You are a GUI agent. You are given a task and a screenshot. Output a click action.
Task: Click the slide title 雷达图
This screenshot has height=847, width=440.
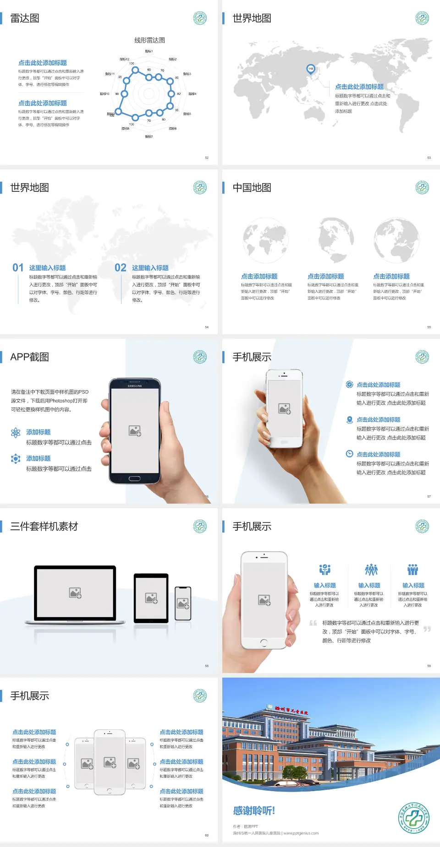[25, 18]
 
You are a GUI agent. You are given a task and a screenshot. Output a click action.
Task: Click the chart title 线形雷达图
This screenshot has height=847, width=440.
[149, 40]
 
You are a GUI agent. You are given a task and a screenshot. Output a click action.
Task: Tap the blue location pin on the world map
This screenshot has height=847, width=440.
[311, 69]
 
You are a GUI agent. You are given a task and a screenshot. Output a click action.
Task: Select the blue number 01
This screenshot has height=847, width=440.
[18, 267]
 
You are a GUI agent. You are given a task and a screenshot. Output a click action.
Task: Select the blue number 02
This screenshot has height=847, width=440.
[121, 267]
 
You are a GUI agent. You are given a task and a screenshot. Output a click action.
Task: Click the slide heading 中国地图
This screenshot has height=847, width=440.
[252, 188]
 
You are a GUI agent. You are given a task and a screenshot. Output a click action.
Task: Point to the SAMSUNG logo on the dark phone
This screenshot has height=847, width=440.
[135, 386]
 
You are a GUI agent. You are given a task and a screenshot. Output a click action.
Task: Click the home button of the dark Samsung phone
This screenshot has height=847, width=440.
[134, 478]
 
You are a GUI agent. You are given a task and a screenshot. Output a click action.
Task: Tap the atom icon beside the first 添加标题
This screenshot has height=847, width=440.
[16, 433]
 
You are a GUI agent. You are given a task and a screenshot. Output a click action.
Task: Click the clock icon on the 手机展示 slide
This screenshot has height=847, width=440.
[349, 454]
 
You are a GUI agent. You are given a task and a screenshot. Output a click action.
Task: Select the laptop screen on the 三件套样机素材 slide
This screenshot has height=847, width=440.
[75, 593]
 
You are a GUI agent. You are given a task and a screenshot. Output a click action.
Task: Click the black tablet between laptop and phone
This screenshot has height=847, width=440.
[151, 597]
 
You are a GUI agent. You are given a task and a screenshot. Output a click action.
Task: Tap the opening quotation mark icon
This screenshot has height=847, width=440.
[313, 623]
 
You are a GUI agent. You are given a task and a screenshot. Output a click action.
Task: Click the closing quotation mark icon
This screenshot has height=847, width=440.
[427, 629]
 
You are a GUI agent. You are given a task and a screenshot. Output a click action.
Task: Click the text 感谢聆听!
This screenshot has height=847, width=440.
[254, 811]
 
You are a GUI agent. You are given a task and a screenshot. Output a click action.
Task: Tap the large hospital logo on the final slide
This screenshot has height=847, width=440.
[414, 818]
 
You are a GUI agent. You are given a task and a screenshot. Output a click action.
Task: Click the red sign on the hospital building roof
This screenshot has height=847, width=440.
[291, 711]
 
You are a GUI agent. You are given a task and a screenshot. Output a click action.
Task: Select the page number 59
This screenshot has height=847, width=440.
[429, 666]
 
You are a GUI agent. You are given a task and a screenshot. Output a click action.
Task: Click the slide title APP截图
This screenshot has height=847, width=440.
[29, 357]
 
